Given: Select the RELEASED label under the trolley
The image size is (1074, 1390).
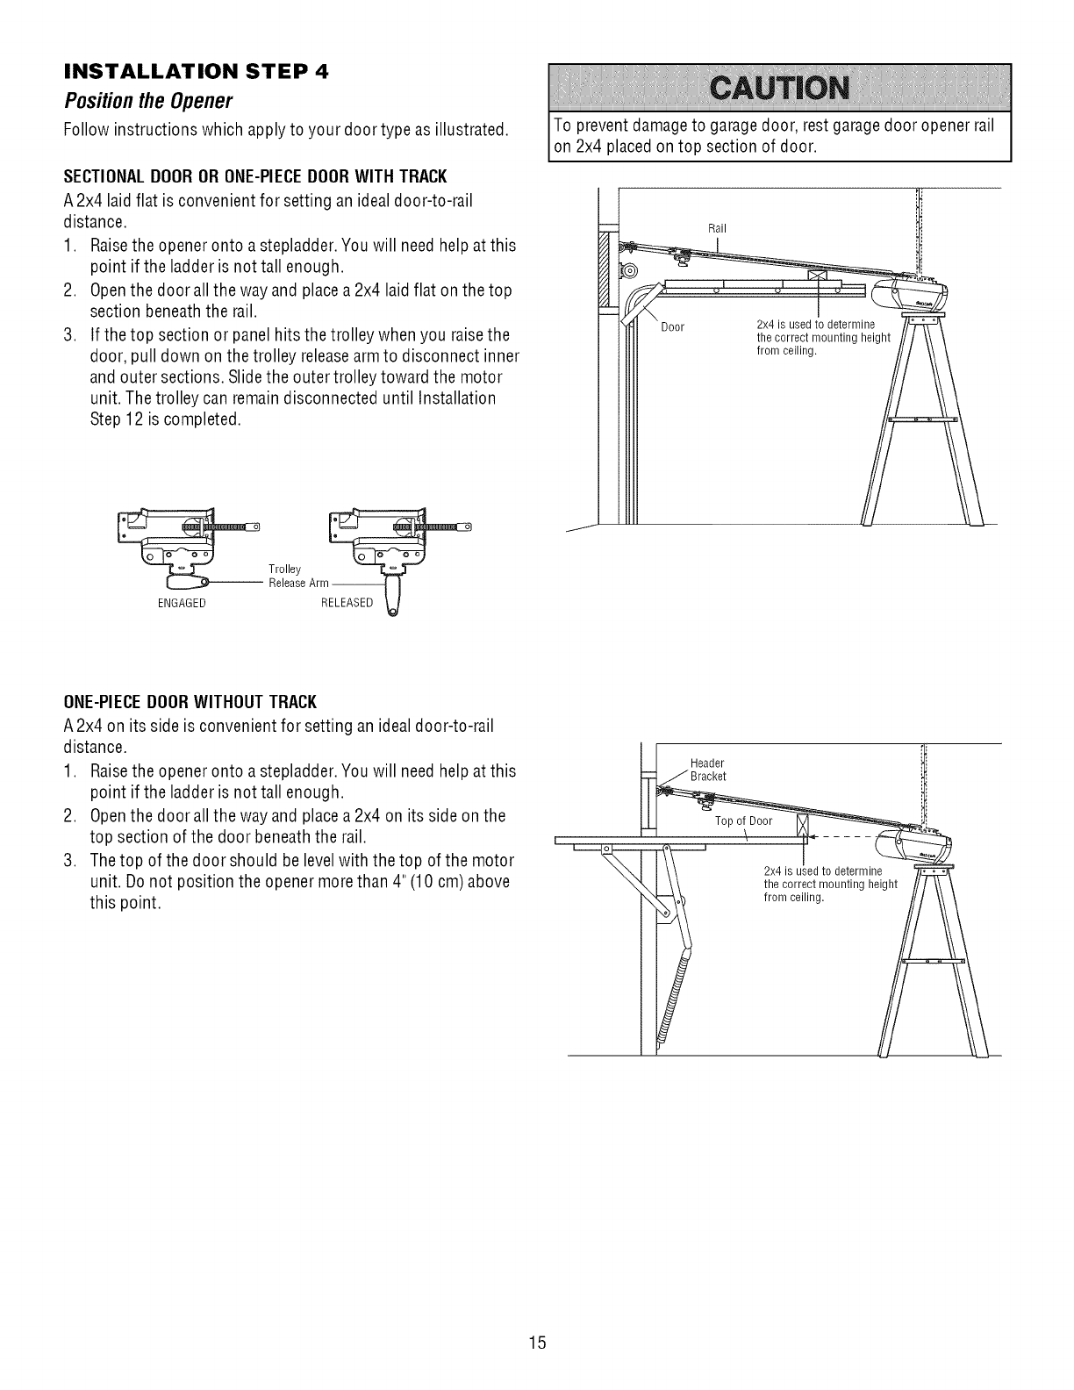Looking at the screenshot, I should click(347, 603).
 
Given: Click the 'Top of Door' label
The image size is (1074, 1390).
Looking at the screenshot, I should click(743, 821).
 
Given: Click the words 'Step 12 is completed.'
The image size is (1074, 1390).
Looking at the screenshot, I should click(165, 419).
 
